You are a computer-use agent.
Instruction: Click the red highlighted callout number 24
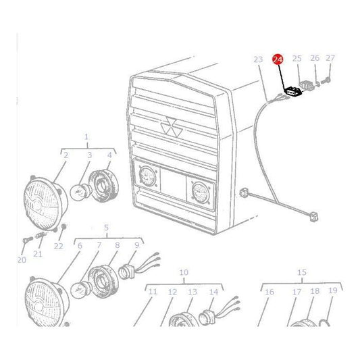[278, 59]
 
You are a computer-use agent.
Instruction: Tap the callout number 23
[257, 59]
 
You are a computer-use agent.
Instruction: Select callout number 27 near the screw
[330, 58]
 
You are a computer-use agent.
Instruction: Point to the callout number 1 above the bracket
[86, 137]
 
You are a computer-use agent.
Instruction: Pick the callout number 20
[22, 259]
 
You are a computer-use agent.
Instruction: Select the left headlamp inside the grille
[147, 178]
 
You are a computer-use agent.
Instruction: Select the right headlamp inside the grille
[198, 190]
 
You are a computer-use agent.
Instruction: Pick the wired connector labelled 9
[127, 272]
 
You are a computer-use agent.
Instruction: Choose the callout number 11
[153, 292]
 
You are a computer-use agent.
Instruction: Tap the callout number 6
[79, 245]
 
